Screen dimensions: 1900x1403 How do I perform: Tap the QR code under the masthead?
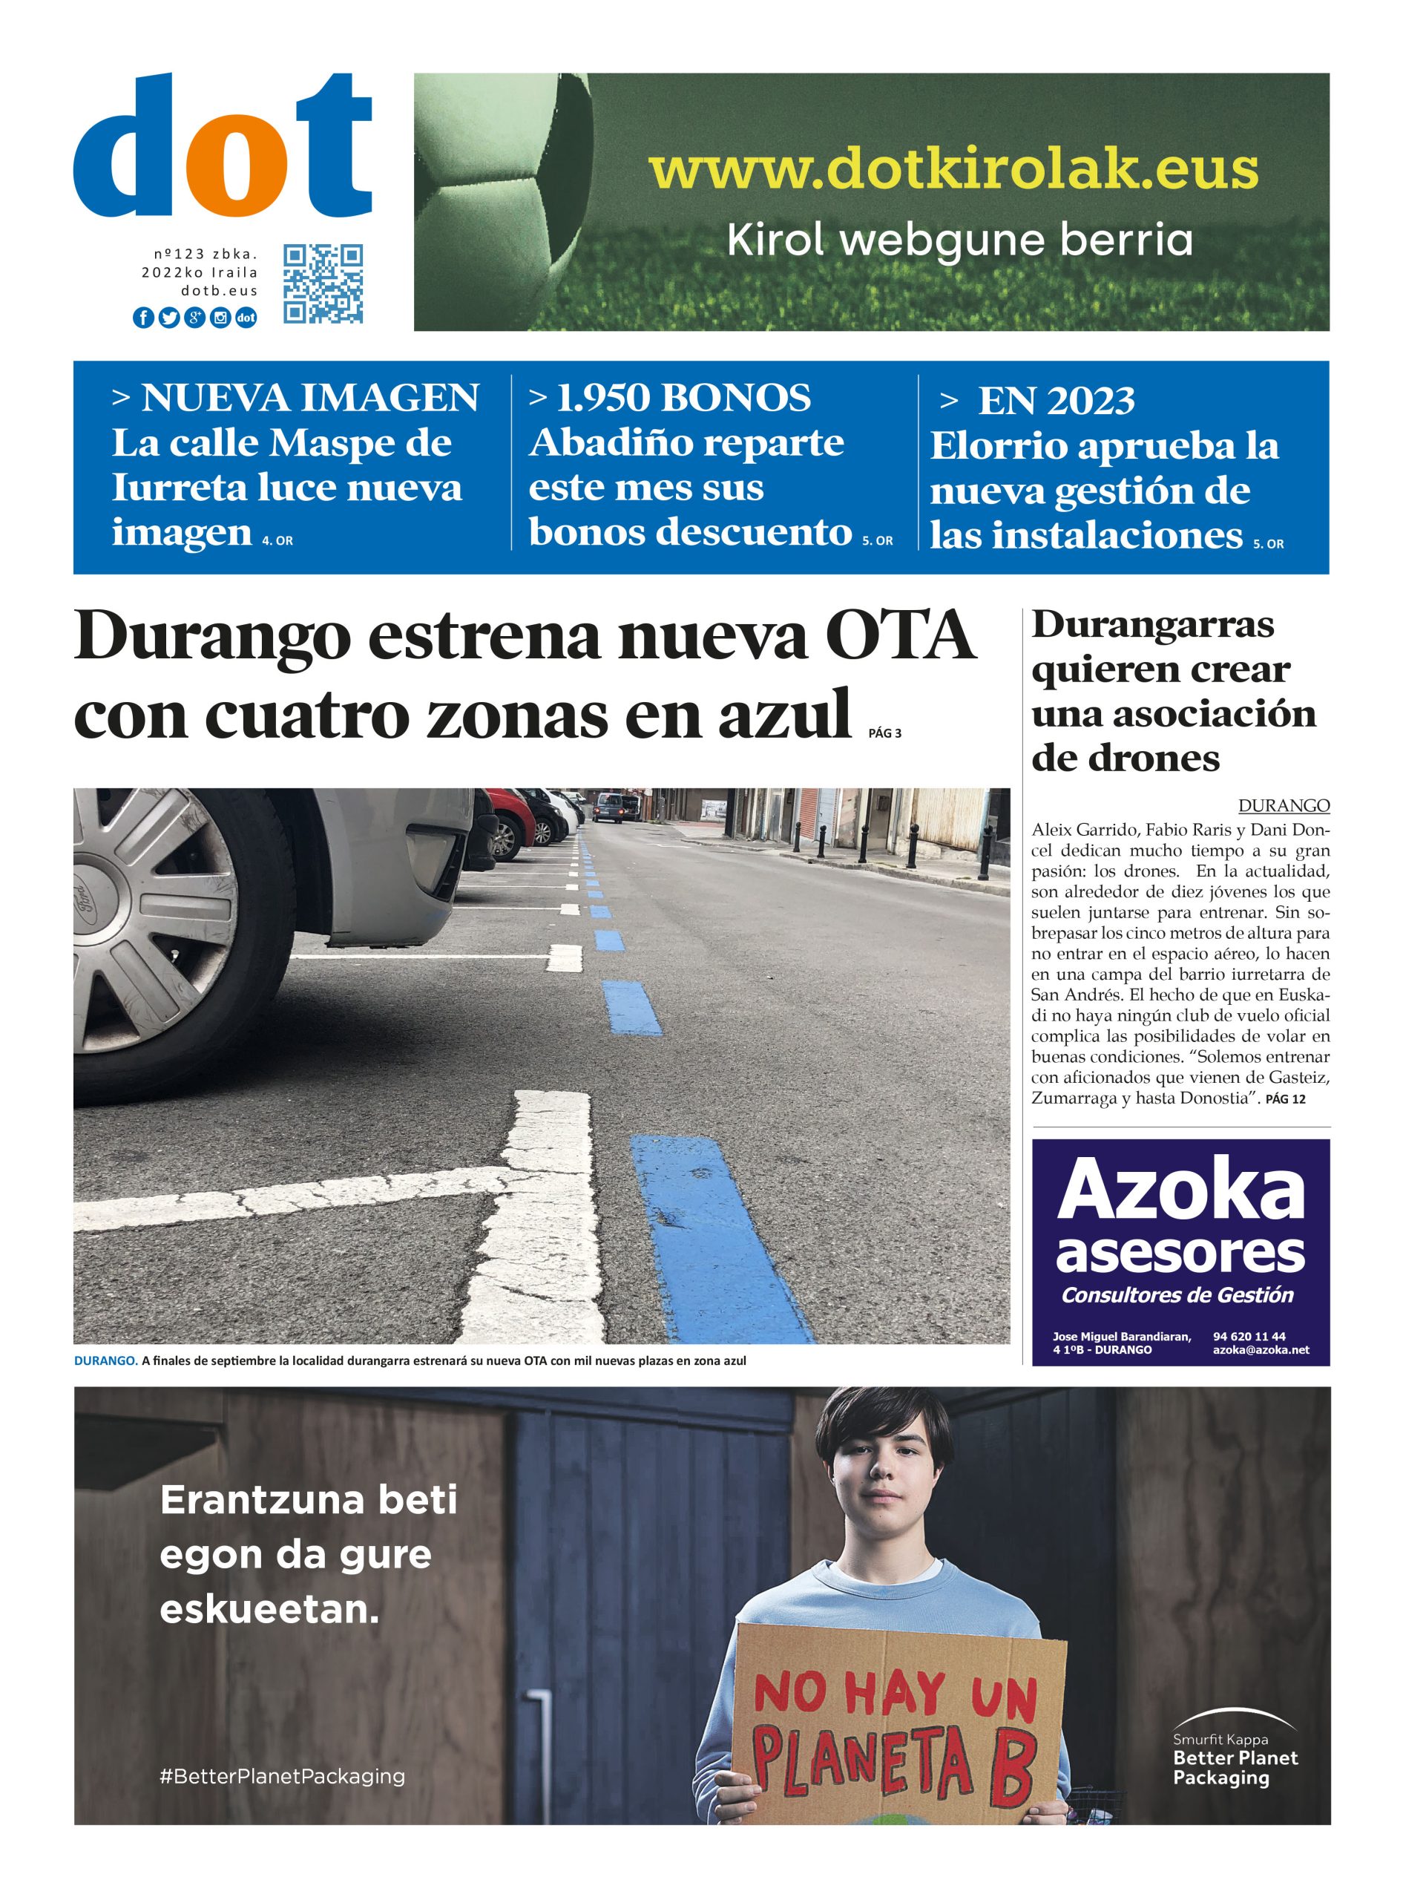coord(323,284)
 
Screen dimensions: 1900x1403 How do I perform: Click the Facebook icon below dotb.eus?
coord(143,318)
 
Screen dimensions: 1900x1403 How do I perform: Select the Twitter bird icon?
coord(169,318)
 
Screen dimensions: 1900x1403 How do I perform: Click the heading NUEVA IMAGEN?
coord(309,398)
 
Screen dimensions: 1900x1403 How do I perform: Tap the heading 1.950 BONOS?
coord(683,398)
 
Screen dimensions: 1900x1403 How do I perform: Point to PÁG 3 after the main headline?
coord(885,733)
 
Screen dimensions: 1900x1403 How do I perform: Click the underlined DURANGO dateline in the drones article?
coord(1284,805)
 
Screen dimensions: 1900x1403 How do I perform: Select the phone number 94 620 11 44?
coord(1249,1336)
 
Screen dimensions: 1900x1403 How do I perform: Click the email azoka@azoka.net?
coord(1261,1349)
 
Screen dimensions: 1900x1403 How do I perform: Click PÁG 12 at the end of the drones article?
coord(1285,1099)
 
